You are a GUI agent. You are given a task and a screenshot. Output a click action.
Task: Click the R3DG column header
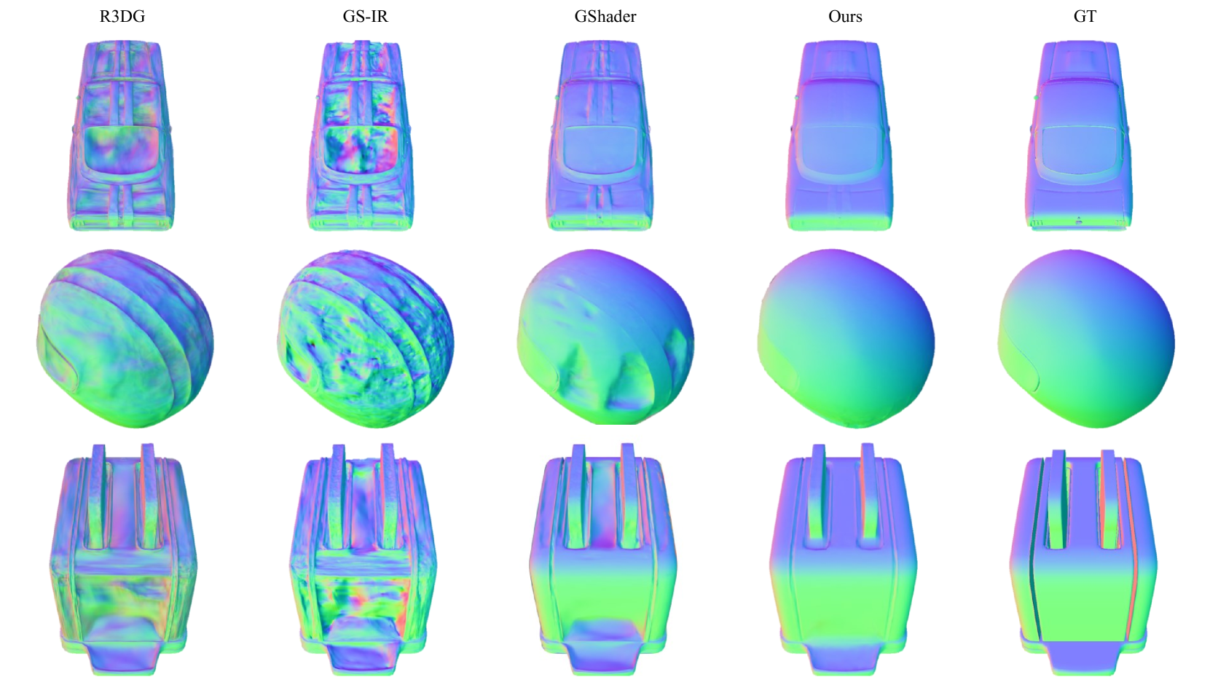[x=122, y=16]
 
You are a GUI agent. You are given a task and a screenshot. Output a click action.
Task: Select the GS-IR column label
[x=365, y=16]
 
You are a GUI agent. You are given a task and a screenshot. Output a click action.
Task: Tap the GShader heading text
[x=605, y=16]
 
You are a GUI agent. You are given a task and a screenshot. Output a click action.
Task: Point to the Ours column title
[x=845, y=16]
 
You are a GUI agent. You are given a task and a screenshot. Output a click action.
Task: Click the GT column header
[x=1085, y=16]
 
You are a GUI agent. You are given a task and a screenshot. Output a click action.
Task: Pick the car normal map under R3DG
[x=121, y=136]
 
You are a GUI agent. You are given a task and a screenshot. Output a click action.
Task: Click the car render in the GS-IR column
[x=361, y=136]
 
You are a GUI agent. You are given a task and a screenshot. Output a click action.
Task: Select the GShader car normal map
[x=600, y=136]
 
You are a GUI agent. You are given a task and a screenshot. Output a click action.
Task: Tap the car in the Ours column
[x=839, y=136]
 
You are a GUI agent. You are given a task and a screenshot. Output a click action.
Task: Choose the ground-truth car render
[x=1079, y=136]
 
